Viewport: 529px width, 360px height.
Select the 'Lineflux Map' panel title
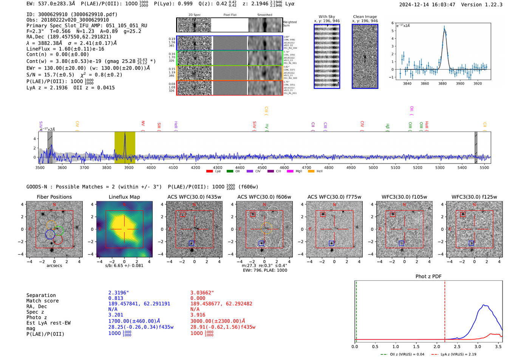pyautogui.click(x=124, y=197)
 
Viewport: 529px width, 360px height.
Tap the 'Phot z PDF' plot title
pyautogui.click(x=428, y=276)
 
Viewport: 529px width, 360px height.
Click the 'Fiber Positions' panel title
pyautogui.click(x=54, y=197)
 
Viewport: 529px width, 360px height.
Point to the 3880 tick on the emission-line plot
pyautogui.click(x=442, y=83)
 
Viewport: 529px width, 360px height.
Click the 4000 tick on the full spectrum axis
pyautogui.click(x=151, y=168)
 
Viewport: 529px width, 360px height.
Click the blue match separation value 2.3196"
pyautogui.click(x=119, y=293)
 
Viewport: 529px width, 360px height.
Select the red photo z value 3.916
pyautogui.click(x=198, y=315)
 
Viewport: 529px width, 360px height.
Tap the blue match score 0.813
pyautogui.click(x=116, y=298)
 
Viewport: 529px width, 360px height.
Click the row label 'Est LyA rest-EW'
pyautogui.click(x=48, y=323)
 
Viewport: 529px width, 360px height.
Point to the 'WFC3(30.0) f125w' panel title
pyautogui.click(x=474, y=197)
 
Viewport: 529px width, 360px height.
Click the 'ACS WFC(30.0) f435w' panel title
pyautogui.click(x=194, y=197)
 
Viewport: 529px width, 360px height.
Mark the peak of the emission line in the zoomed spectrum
pyautogui.click(x=444, y=27)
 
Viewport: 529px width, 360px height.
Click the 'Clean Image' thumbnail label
pyautogui.click(x=365, y=17)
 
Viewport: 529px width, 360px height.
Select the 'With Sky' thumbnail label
pyautogui.click(x=327, y=17)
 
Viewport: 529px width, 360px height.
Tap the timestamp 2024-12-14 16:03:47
pyautogui.click(x=427, y=5)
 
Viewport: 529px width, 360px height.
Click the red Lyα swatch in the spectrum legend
pyautogui.click(x=209, y=172)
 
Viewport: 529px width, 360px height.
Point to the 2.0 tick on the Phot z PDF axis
pyautogui.click(x=437, y=346)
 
